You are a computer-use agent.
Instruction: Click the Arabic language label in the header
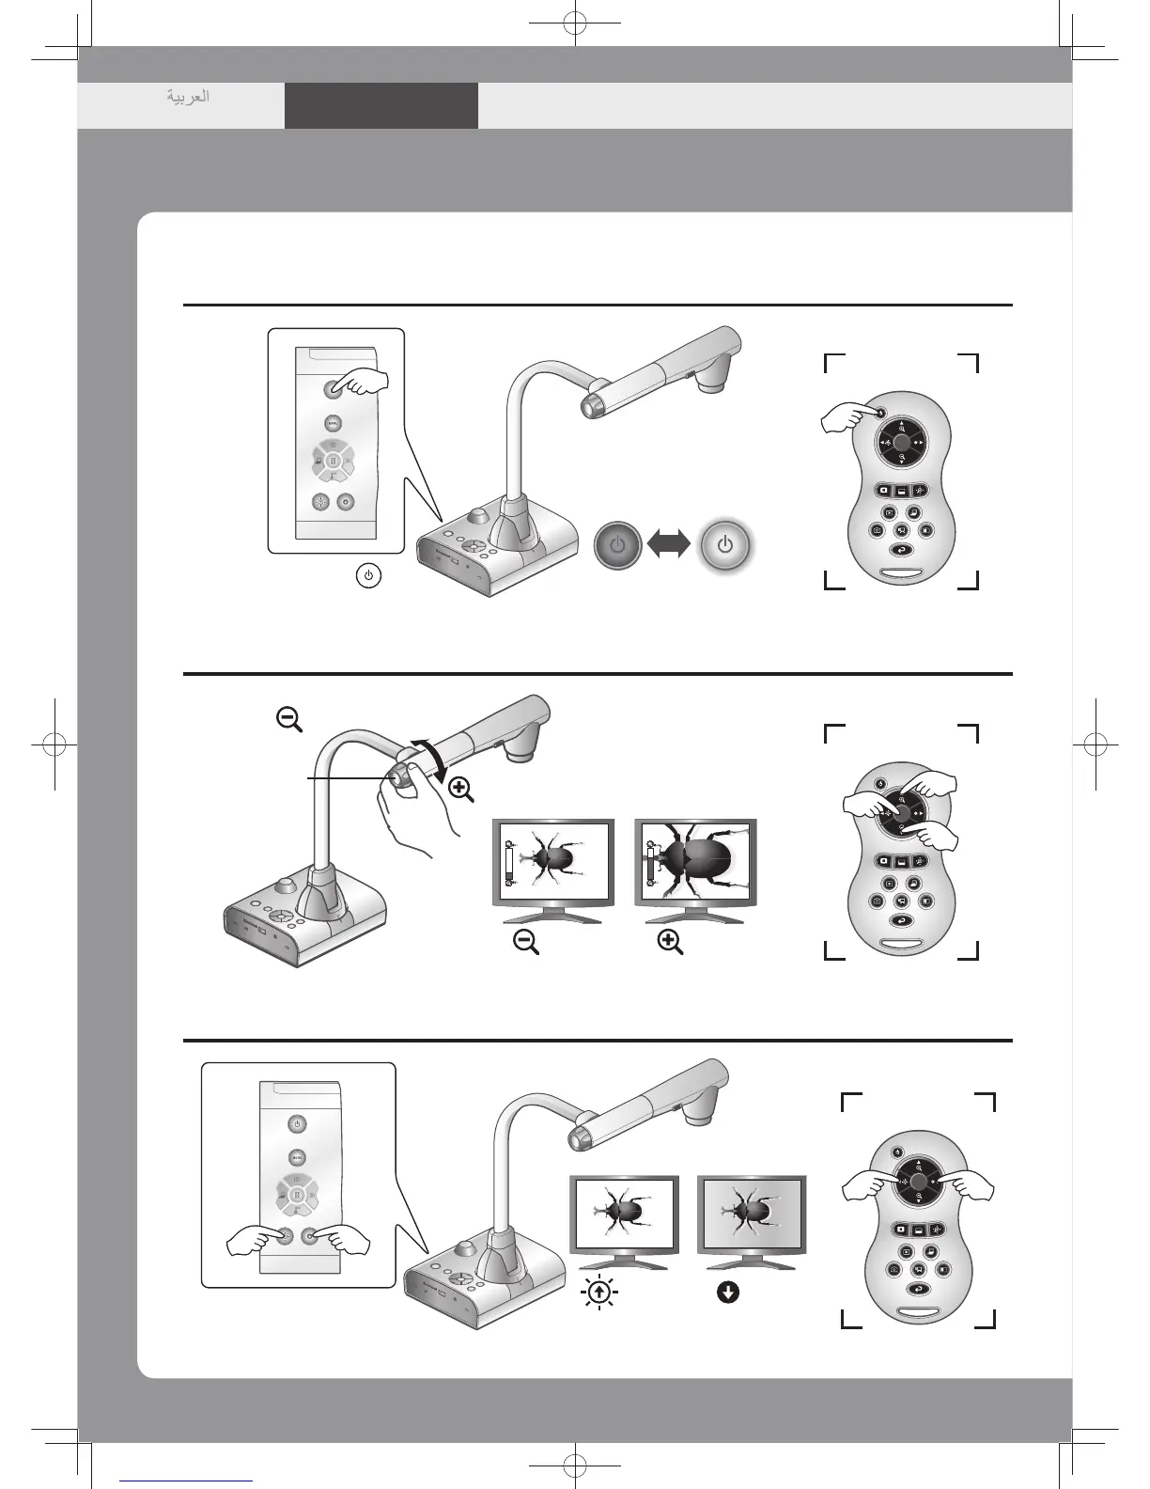[x=188, y=96]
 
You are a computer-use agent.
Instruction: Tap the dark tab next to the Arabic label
[x=381, y=105]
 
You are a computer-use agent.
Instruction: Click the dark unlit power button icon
[x=617, y=545]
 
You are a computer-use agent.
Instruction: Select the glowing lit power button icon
[x=725, y=545]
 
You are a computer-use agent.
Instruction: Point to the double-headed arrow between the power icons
[x=669, y=545]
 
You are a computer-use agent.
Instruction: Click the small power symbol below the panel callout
[x=369, y=575]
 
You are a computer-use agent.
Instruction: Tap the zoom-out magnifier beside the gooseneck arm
[x=288, y=720]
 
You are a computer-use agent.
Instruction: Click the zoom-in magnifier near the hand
[x=460, y=790]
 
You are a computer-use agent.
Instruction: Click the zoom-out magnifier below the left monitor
[x=526, y=943]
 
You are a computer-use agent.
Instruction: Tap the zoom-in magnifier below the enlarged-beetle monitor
[x=670, y=943]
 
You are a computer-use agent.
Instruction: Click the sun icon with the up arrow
[x=598, y=1293]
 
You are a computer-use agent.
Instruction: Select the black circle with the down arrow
[x=727, y=1293]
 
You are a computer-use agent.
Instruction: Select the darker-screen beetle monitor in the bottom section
[x=751, y=1213]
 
